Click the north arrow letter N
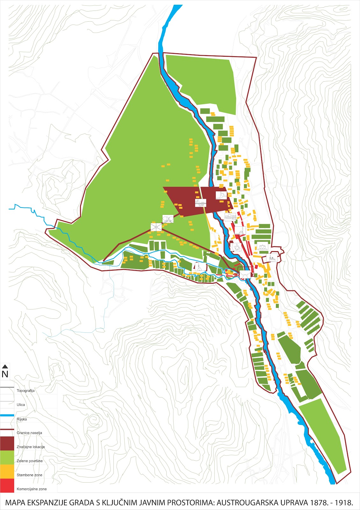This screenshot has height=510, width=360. coord(5,374)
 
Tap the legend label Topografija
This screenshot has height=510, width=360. coord(25,391)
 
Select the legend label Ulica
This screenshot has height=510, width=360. coord(21,405)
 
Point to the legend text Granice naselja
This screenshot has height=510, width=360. coord(29,433)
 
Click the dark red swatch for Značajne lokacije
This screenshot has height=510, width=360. coord(7,443)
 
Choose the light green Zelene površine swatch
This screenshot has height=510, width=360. coord(7,457)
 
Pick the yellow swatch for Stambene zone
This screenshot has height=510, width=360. coord(7,471)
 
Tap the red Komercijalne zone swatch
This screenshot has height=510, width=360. coord(7,485)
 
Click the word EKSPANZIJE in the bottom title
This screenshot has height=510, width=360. coord(48,503)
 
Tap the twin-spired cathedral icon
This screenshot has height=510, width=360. coord(272,258)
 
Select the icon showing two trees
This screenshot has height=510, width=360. coord(168,219)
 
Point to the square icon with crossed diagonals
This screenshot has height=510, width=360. coord(156,227)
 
